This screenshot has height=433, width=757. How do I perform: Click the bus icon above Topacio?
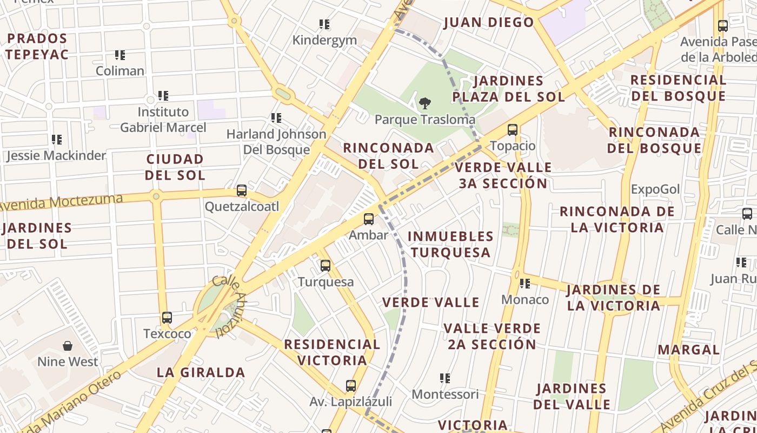(x=512, y=130)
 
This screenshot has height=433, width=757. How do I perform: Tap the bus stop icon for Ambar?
(x=369, y=219)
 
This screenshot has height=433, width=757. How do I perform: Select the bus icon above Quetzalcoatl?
(x=242, y=191)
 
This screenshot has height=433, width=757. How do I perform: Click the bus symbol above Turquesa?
(x=325, y=266)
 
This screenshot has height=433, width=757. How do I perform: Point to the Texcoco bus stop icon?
(x=167, y=318)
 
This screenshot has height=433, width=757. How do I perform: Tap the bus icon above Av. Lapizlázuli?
(x=351, y=386)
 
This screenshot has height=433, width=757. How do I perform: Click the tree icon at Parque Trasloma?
(x=425, y=103)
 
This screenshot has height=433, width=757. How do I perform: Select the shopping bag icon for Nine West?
(x=68, y=345)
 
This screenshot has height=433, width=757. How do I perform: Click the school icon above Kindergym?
(x=324, y=24)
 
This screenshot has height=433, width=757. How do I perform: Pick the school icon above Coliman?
(x=120, y=55)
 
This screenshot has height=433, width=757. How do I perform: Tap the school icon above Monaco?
(x=524, y=283)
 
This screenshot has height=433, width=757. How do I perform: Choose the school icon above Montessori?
(x=445, y=378)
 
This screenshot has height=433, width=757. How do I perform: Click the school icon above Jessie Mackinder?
(x=57, y=140)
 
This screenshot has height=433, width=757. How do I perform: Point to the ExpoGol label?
(x=655, y=189)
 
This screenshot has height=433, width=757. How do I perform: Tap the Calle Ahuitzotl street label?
(x=230, y=306)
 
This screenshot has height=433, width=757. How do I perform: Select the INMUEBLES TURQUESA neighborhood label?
(x=450, y=244)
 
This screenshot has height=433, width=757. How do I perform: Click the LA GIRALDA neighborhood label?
(x=201, y=372)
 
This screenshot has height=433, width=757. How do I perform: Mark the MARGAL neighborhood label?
(x=688, y=350)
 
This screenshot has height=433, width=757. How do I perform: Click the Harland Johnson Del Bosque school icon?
(x=276, y=118)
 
